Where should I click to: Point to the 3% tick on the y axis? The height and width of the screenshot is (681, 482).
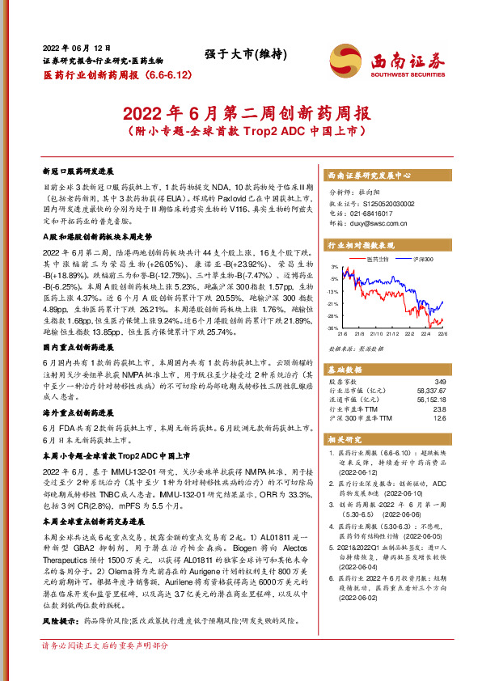333,266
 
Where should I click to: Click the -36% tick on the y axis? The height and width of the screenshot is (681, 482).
332,328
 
